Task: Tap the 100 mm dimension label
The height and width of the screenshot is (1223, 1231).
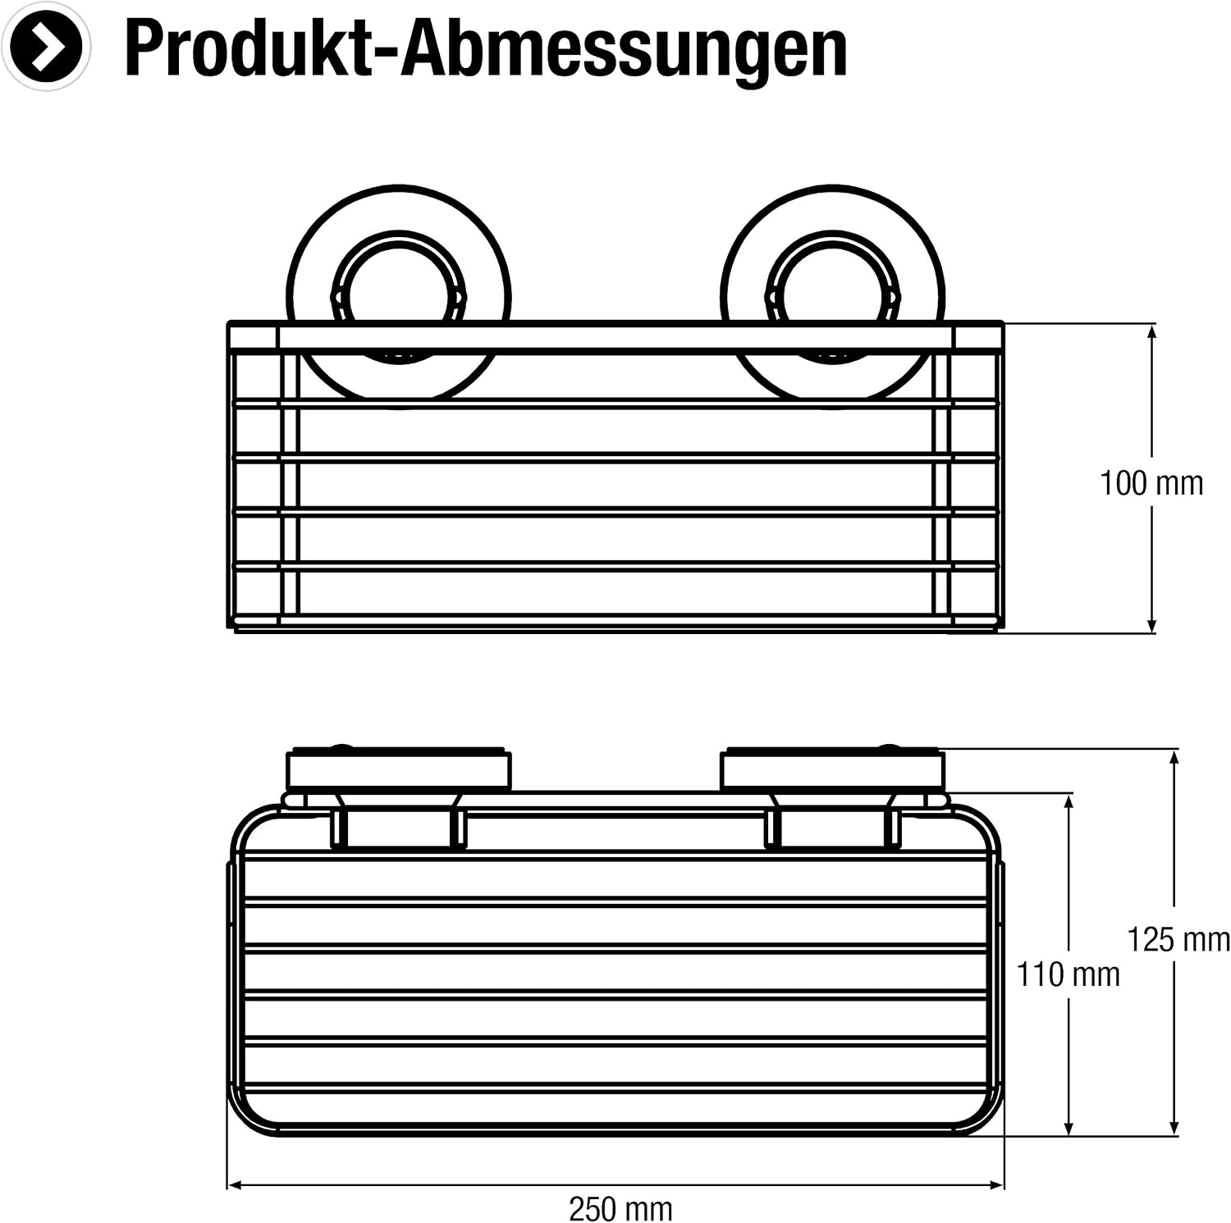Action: (x=1151, y=483)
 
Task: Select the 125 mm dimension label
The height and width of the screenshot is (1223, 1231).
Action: (x=1178, y=939)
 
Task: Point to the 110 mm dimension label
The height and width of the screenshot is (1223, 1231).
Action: (x=1069, y=974)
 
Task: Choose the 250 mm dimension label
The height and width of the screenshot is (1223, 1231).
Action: (x=620, y=1208)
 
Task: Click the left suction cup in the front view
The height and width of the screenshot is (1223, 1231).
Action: (x=398, y=293)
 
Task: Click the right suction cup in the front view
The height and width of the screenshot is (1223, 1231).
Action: (x=832, y=293)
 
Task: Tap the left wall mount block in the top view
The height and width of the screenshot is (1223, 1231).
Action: (x=398, y=769)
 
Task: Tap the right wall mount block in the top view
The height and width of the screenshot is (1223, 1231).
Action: (x=832, y=769)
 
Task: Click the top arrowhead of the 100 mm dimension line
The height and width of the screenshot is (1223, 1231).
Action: (x=1151, y=332)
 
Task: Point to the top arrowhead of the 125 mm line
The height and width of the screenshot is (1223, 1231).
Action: (x=1176, y=758)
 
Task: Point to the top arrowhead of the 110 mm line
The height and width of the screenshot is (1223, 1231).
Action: (x=1069, y=802)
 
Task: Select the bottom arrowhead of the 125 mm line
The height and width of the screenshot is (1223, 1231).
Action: (x=1176, y=1126)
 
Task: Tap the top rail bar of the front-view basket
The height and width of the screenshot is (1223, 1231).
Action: (x=615, y=337)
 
